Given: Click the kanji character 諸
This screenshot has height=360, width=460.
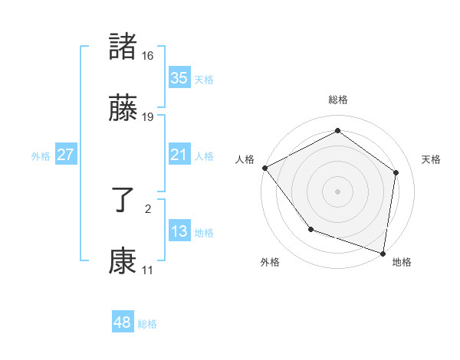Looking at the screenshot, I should (x=123, y=47).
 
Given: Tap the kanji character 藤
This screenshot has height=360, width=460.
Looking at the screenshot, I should (x=123, y=110).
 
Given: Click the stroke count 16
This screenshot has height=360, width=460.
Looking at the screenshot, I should (x=148, y=55).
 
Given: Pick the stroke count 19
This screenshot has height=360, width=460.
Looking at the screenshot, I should (x=148, y=118).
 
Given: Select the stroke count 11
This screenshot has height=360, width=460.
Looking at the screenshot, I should (x=148, y=271).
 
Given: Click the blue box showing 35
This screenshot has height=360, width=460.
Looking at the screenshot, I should (x=179, y=78).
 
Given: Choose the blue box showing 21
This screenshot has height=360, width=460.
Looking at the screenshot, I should (x=179, y=155).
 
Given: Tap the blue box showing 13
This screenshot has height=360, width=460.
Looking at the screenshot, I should (x=179, y=231).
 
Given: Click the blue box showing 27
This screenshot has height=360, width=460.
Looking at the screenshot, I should (x=66, y=155).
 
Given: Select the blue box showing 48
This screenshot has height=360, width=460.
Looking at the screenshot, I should (x=123, y=323).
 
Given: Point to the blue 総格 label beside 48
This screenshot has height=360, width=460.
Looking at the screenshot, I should (x=147, y=324).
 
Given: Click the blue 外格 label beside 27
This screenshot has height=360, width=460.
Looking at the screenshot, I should (x=41, y=155).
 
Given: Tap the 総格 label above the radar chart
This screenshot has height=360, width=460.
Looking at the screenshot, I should (x=338, y=100).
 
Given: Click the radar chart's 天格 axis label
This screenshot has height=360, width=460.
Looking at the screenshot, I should (x=431, y=159).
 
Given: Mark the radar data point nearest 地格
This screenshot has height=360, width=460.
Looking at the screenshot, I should (x=383, y=252).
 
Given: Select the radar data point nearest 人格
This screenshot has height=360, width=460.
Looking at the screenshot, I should (x=264, y=168).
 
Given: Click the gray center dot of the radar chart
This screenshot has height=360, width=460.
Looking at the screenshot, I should (x=338, y=191).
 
